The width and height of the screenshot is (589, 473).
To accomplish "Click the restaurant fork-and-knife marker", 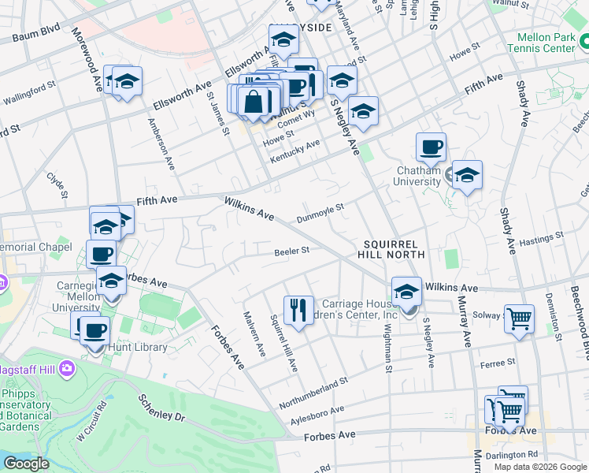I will [298, 310].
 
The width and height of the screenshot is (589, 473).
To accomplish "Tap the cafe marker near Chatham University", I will [431, 147].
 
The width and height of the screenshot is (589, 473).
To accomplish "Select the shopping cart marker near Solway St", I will [519, 318].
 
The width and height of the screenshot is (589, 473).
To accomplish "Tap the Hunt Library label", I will [139, 347].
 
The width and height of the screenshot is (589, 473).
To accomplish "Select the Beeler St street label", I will [291, 251].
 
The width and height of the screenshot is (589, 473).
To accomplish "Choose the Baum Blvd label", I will [36, 36].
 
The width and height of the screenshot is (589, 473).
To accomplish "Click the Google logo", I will [26, 464].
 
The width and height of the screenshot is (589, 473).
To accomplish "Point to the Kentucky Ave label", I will [295, 151].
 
